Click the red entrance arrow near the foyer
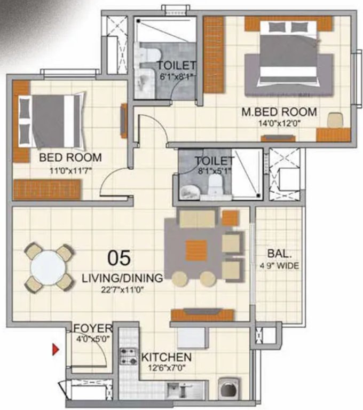click(x=54, y=350)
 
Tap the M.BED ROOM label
click(x=279, y=113)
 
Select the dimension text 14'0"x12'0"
click(x=279, y=124)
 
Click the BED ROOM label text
click(x=70, y=157)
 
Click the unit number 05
click(x=119, y=258)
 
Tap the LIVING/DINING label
click(x=122, y=278)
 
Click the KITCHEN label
click(x=166, y=357)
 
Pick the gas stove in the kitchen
click(x=128, y=356)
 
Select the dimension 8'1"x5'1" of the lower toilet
click(x=214, y=172)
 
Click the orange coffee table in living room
click(x=196, y=250)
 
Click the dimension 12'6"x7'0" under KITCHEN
click(x=166, y=368)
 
